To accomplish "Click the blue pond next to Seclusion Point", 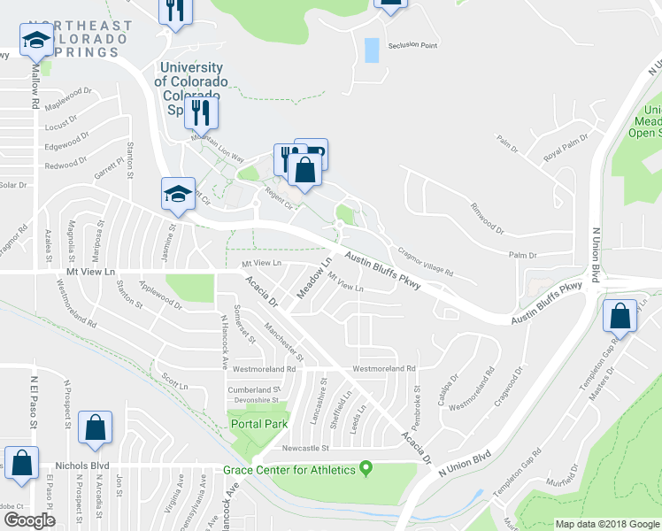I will coord(371,50).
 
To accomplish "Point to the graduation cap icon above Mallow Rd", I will coord(36,39).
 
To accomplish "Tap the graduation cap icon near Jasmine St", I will coord(177,193).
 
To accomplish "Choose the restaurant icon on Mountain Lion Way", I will coord(201,112).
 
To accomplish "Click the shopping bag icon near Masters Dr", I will coord(621,316).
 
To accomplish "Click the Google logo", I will coord(30,519).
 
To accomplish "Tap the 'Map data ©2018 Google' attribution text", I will coord(606,524).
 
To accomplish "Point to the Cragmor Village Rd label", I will coord(425,260).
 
